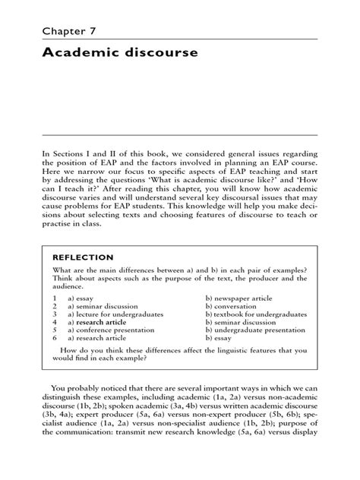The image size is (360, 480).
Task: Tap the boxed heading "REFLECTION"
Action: click(83, 257)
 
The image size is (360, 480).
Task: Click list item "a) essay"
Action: click(80, 299)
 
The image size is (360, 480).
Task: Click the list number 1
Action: click(55, 299)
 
